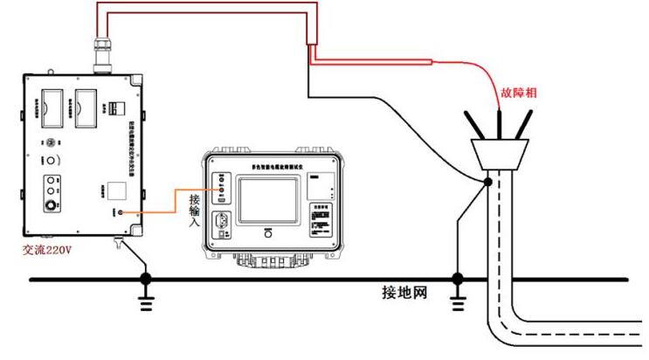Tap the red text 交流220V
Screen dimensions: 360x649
tap(52, 248)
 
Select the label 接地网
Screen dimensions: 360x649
tap(404, 291)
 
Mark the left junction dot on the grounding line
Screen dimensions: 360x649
tap(146, 279)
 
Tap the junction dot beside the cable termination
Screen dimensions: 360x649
tap(487, 181)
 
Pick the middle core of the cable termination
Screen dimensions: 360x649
tap(499, 121)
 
